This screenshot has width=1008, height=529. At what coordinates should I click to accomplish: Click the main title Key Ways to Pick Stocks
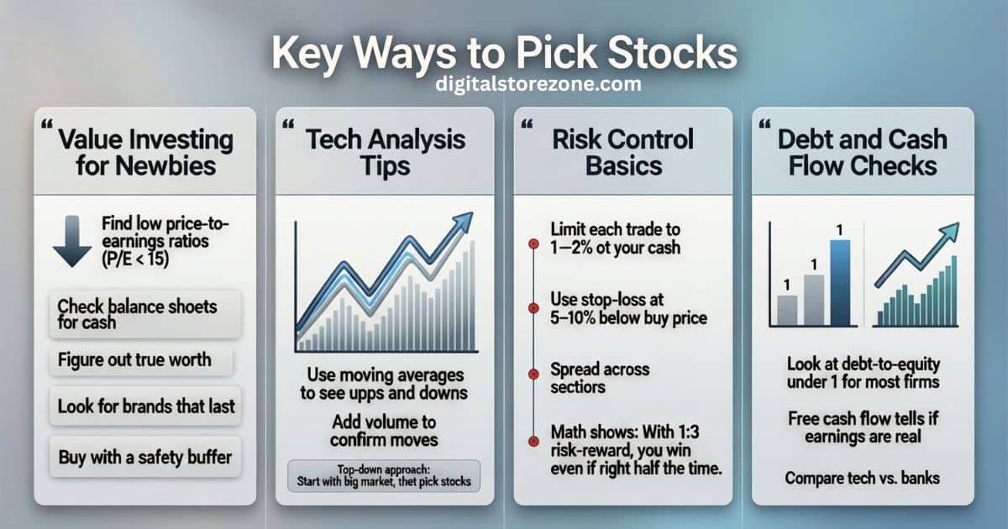[503, 53]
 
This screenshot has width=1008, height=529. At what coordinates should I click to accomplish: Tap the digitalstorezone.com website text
[538, 84]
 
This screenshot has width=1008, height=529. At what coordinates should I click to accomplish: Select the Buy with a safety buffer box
[145, 458]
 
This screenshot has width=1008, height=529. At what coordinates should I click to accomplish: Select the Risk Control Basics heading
[622, 151]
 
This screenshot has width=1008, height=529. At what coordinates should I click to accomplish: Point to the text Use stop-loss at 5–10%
[627, 307]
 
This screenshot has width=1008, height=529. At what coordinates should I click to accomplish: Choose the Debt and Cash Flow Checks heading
[863, 151]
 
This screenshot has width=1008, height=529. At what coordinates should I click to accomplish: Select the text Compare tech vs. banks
[863, 478]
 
